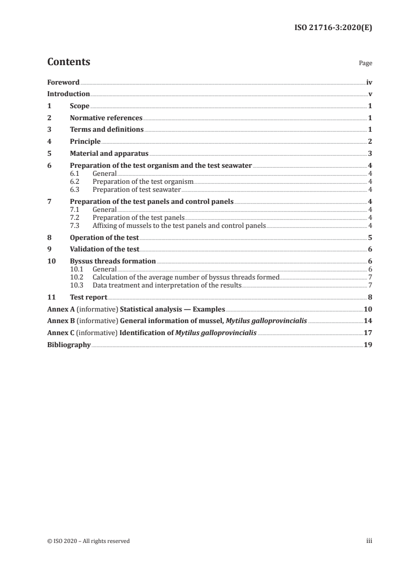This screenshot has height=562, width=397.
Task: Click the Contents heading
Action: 69,62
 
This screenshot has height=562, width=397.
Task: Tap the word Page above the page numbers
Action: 365,64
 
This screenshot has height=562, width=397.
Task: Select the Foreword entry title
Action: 63,82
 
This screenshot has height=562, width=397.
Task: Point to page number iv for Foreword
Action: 369,82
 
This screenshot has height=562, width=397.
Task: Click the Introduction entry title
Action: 69,94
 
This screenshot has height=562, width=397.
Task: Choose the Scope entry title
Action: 80,106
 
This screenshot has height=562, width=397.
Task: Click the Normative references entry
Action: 106,118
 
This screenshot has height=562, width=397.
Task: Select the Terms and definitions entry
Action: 107,130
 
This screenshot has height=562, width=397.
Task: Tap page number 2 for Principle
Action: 369,142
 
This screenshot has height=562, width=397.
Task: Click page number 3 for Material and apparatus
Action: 369,154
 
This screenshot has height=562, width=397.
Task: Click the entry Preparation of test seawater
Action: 136,190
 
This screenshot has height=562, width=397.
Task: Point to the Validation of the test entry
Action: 104,249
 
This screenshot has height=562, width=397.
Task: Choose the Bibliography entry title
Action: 69,345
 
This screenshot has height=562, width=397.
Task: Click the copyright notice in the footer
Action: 88,541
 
